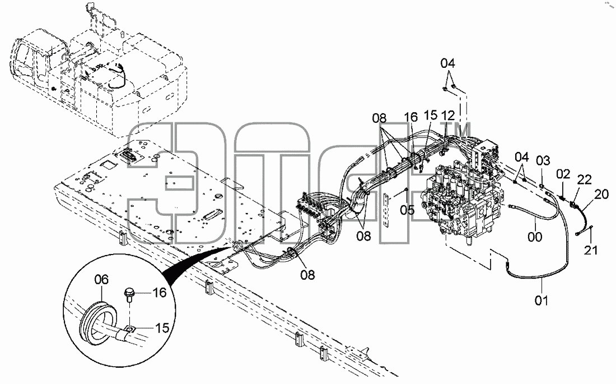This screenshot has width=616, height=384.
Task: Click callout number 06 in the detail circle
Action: pos(101,280)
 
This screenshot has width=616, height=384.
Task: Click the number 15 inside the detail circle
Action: pos(162,328)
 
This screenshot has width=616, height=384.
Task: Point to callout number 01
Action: pos(541,300)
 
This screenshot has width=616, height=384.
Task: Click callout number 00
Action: pos(535,237)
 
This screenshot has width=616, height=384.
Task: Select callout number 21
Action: pos(591,250)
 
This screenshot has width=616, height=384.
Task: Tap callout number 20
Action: pos(601,194)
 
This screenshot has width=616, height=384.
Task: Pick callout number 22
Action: pos(584,180)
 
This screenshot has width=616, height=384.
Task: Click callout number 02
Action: pos(563,174)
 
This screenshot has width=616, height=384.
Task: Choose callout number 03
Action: pos(543,160)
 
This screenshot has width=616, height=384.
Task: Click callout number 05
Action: pos(407,210)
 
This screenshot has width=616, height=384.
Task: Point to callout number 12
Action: pos(448,115)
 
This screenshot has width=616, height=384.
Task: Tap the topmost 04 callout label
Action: pos(447,63)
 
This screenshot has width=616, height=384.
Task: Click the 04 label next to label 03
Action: pos(522,157)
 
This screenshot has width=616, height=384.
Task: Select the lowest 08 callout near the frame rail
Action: pos(307,275)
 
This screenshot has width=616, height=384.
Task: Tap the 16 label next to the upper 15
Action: pos(411,117)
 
